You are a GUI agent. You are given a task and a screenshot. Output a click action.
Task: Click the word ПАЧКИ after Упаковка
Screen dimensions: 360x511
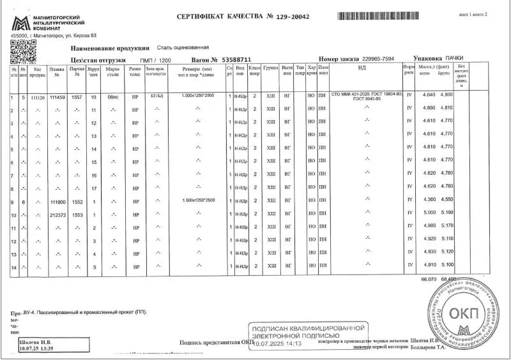[x=455, y=58]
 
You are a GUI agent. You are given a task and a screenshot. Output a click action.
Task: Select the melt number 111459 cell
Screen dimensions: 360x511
[x=57, y=97]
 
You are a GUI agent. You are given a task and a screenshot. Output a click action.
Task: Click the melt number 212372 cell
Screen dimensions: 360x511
[x=57, y=214]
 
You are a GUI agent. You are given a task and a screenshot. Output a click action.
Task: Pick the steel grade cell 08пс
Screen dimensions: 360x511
[x=113, y=97]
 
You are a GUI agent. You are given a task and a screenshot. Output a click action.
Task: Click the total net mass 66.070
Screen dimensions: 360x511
[x=427, y=280]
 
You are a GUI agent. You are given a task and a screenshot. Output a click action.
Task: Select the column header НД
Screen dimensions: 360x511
[x=362, y=68]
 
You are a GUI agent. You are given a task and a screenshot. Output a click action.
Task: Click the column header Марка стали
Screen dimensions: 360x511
[x=113, y=70]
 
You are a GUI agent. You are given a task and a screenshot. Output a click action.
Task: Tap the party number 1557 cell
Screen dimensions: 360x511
[x=77, y=97]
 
